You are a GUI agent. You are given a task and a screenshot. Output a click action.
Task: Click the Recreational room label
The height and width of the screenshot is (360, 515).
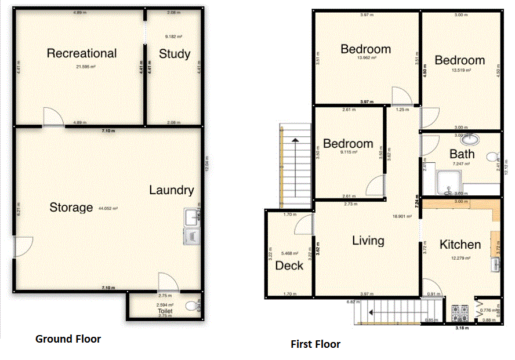click(82, 53)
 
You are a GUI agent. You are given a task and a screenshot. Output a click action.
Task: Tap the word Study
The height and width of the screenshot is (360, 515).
click(175, 54)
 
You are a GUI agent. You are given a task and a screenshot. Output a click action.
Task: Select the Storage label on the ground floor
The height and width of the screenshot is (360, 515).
click(71, 207)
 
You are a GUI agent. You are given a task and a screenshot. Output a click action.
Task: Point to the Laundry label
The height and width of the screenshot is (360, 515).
click(172, 190)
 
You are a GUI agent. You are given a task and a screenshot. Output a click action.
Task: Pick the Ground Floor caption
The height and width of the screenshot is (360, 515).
click(68, 339)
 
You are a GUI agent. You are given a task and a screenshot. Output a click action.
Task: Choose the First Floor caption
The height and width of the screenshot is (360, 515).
click(315, 344)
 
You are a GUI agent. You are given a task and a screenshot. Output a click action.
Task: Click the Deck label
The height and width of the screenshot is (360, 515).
click(289, 266)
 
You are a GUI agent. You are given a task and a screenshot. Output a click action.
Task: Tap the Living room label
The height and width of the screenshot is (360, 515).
click(368, 241)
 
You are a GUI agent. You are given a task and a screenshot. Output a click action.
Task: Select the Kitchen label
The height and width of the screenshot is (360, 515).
click(460, 245)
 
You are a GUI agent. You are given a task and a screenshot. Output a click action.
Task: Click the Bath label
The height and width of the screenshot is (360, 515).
click(462, 154)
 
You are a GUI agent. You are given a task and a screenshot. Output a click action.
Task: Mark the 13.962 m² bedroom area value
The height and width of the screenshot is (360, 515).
click(366, 58)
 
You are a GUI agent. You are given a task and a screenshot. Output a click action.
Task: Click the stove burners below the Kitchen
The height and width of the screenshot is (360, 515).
click(459, 312)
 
